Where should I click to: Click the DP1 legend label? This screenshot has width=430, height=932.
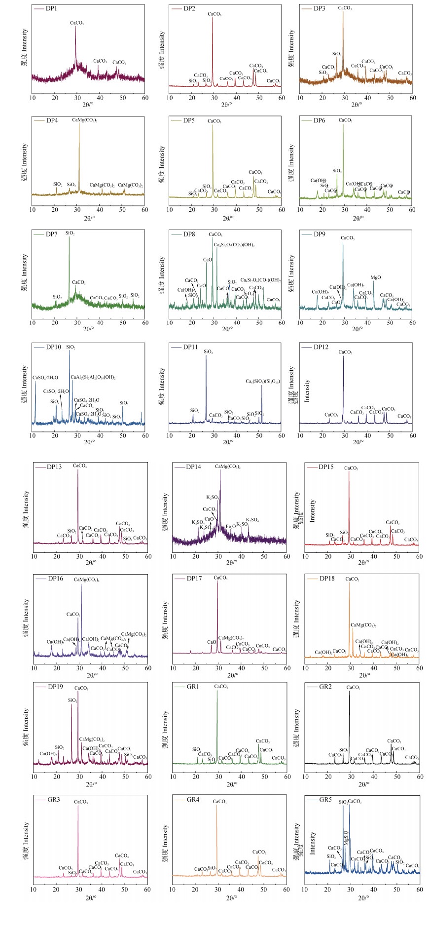(52, 9)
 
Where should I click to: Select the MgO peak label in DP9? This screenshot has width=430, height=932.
(376, 278)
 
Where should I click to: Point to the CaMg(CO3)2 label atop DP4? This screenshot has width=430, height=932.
(84, 120)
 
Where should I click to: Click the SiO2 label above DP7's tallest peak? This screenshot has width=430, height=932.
(70, 233)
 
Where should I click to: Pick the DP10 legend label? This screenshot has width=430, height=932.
(53, 347)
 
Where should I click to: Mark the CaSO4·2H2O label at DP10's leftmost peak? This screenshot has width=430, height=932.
(45, 378)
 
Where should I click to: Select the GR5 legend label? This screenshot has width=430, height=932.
(325, 800)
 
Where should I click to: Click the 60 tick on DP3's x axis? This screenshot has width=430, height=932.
(413, 98)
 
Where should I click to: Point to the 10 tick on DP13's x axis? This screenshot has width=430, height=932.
(34, 556)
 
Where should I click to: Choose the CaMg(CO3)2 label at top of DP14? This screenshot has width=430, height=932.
(228, 466)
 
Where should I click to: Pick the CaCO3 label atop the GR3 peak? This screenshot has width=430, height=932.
(81, 802)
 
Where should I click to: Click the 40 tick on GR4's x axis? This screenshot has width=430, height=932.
(241, 890)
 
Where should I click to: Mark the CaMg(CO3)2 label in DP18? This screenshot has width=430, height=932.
(363, 625)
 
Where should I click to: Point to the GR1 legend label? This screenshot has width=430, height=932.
(193, 687)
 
